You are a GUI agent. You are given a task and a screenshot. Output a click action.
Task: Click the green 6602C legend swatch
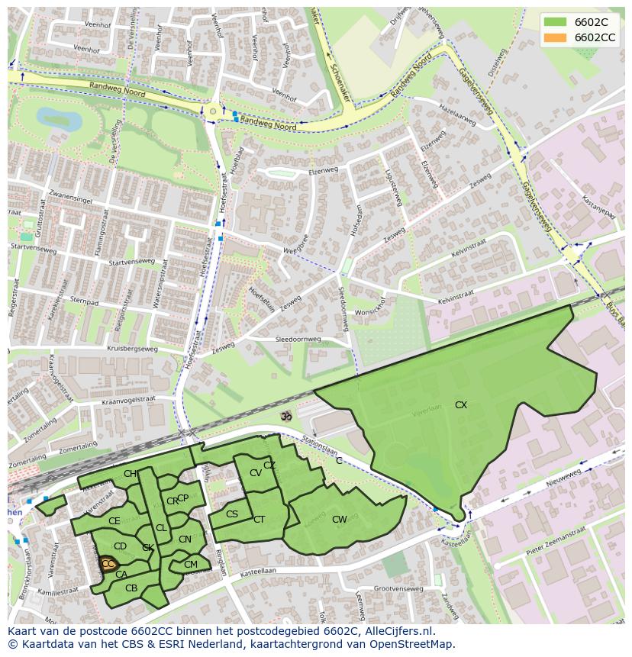555,22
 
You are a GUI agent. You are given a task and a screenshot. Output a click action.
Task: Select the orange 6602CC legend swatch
555,37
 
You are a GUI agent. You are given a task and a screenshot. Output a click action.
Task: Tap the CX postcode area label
461,405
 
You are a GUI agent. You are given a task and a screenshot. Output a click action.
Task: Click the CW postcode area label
340,520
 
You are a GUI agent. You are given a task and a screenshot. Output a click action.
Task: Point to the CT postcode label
259,520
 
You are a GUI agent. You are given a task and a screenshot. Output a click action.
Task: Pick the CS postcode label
232,514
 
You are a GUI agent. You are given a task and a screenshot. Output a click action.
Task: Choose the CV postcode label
256,473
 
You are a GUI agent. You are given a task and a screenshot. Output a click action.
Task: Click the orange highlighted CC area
108,564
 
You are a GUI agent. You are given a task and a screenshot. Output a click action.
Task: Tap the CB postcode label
131,588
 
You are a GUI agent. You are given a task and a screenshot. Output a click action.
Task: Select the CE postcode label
114,521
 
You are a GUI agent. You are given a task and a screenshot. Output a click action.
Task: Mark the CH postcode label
130,474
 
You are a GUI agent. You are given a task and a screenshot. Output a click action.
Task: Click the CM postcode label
191,565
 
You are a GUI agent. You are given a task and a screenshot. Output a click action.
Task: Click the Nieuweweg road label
563,481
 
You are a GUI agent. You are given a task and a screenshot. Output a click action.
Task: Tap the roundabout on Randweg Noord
213,112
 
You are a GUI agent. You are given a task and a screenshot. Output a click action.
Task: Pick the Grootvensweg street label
398,588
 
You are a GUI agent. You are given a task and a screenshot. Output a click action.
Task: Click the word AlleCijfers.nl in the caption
397,631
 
